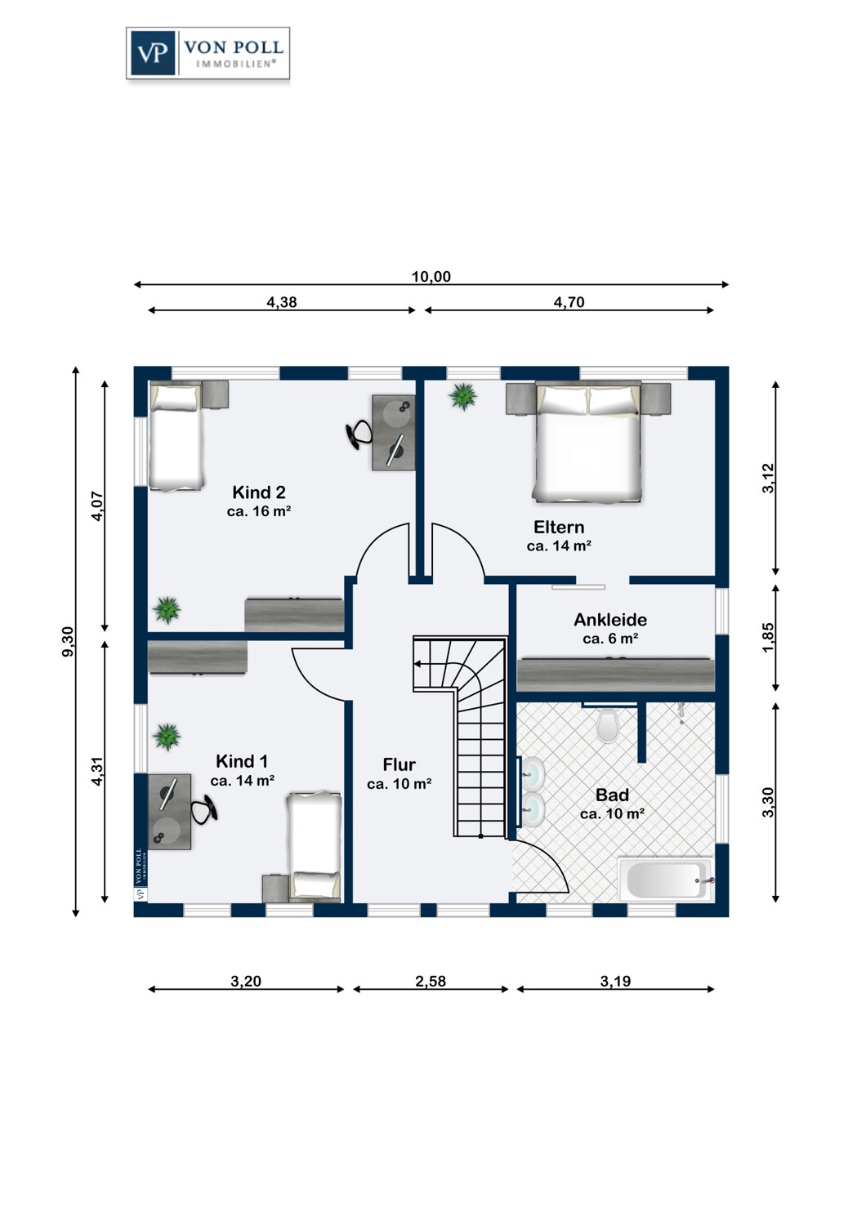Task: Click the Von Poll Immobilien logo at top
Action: click(x=208, y=53)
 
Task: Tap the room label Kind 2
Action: click(x=259, y=492)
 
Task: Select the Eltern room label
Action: click(x=559, y=527)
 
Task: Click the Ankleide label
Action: click(x=610, y=620)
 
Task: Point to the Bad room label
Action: click(x=612, y=795)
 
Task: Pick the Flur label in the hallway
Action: click(x=399, y=764)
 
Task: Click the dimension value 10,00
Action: click(x=431, y=277)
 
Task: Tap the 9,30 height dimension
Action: click(x=67, y=641)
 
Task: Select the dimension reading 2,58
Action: click(x=431, y=982)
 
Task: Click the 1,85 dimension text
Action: click(x=768, y=637)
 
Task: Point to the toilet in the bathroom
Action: click(x=607, y=725)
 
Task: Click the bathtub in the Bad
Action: click(x=666, y=880)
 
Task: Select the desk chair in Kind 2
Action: click(x=359, y=434)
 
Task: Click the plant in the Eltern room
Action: click(x=462, y=396)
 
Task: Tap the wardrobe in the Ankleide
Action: click(x=615, y=675)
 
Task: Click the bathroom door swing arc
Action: click(x=553, y=862)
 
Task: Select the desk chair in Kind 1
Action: click(x=204, y=808)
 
